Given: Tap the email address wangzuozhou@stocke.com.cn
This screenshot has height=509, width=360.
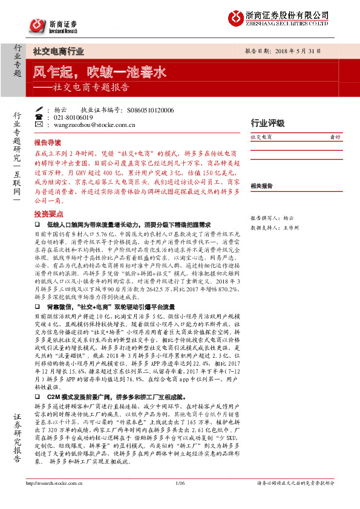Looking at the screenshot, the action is click(93, 125).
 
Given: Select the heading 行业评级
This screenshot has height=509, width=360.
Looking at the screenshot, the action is click(267, 123).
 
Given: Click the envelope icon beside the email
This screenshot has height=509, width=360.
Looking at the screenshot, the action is click(40, 125).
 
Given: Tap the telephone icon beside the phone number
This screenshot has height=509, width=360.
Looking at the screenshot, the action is click(40, 117).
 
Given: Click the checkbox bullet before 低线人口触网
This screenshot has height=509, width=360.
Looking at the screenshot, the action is click(37, 224).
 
